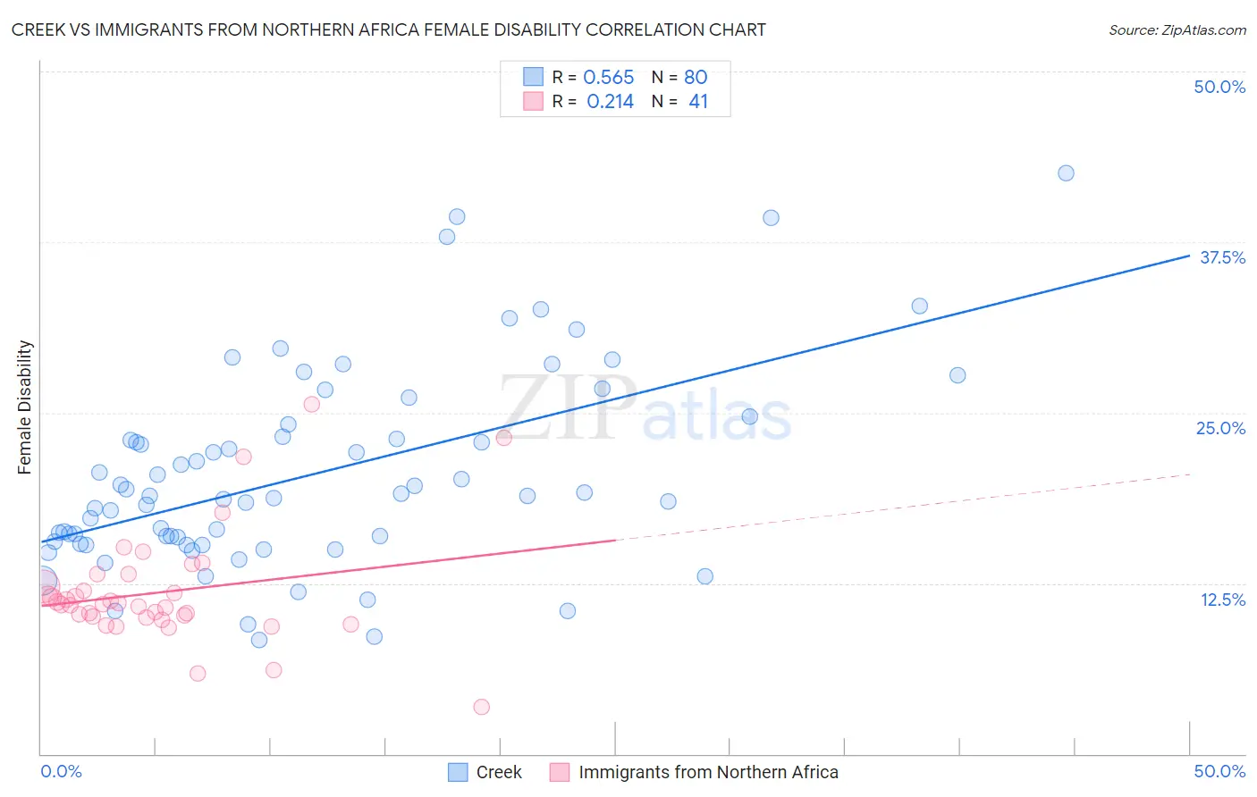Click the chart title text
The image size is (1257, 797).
coord(389,29)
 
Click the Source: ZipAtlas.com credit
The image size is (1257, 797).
coord(1177,29)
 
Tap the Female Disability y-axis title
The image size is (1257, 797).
coord(25,407)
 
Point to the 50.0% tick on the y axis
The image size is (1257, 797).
coord(1219,87)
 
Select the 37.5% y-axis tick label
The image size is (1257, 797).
coord(1222,257)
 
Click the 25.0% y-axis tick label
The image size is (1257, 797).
coord(1220,428)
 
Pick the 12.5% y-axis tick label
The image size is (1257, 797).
coord(1222,600)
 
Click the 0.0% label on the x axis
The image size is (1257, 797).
coord(61,771)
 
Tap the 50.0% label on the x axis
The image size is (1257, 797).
coord(1219,771)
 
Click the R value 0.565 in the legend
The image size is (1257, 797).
coord(608,78)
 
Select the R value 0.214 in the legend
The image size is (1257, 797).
coord(610,102)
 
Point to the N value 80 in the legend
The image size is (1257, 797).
coord(696,78)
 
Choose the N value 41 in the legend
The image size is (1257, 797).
coord(698,102)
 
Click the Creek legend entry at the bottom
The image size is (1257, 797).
coord(498,772)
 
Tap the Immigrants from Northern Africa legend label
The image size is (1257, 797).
coord(708,772)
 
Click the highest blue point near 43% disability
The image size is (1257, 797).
coord(1066,173)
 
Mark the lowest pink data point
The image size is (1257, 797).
coord(481,707)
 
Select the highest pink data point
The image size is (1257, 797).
coord(311,404)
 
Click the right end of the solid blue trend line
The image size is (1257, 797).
coord(1189,256)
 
